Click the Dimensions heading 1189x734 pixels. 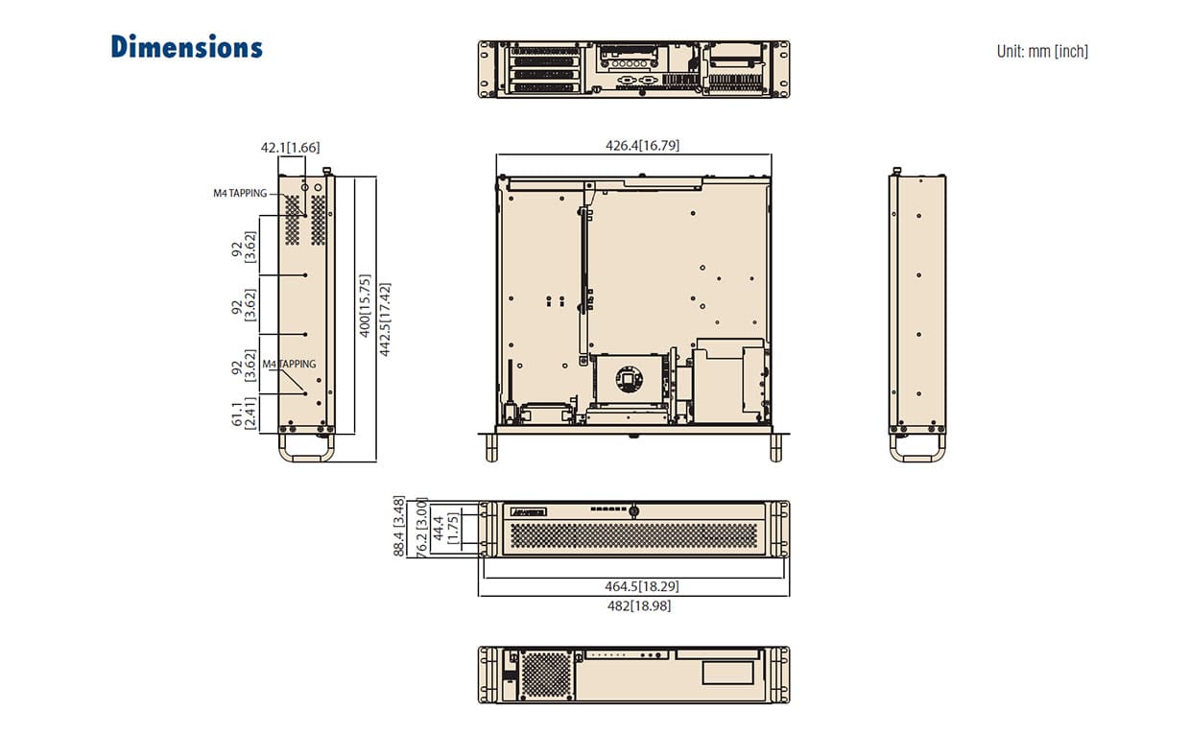[187, 47]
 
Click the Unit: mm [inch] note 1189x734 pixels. [1042, 51]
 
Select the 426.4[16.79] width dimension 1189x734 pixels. [642, 145]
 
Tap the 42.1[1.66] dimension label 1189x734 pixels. [290, 147]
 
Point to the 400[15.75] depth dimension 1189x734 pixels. [365, 306]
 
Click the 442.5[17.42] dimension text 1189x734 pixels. [385, 320]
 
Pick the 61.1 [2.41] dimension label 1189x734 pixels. [244, 414]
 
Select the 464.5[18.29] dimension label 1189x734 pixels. [642, 586]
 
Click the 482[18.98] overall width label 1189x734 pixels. [639, 605]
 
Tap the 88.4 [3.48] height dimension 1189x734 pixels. [398, 526]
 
